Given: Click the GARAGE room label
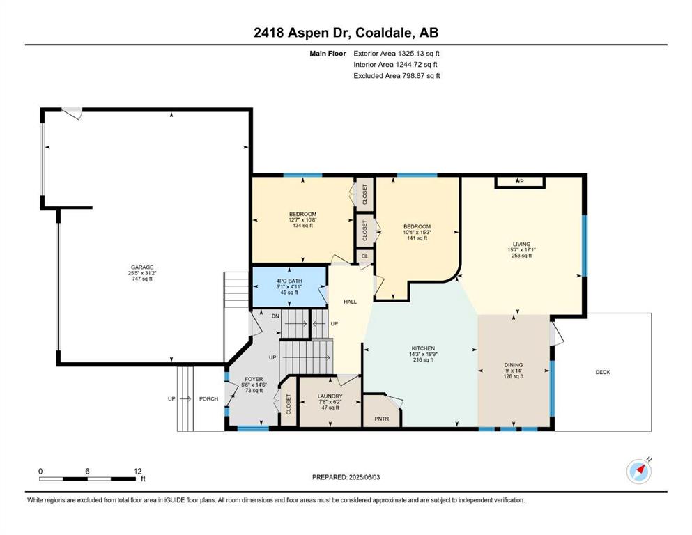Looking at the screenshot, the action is (142, 267).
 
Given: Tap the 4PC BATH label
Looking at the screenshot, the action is (289, 281).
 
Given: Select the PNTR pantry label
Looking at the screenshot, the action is (382, 419).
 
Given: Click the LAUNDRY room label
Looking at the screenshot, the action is (330, 396).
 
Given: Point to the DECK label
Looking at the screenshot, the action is (603, 372).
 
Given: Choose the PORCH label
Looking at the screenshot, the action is (209, 398).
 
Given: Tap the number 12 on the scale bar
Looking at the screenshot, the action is (138, 471).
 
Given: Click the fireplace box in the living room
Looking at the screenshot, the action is (521, 182).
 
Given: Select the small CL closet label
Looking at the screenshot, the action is (365, 256).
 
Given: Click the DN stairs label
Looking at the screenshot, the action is (275, 316).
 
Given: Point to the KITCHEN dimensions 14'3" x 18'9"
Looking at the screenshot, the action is (423, 354).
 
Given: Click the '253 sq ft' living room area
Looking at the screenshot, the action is (522, 256).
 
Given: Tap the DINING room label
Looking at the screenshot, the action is (514, 365).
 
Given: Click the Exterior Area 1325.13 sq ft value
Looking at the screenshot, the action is (397, 54).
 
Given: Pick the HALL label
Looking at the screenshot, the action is (351, 302).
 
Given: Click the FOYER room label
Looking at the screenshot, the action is (254, 380).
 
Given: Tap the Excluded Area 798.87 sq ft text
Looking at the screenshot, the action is (397, 75).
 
